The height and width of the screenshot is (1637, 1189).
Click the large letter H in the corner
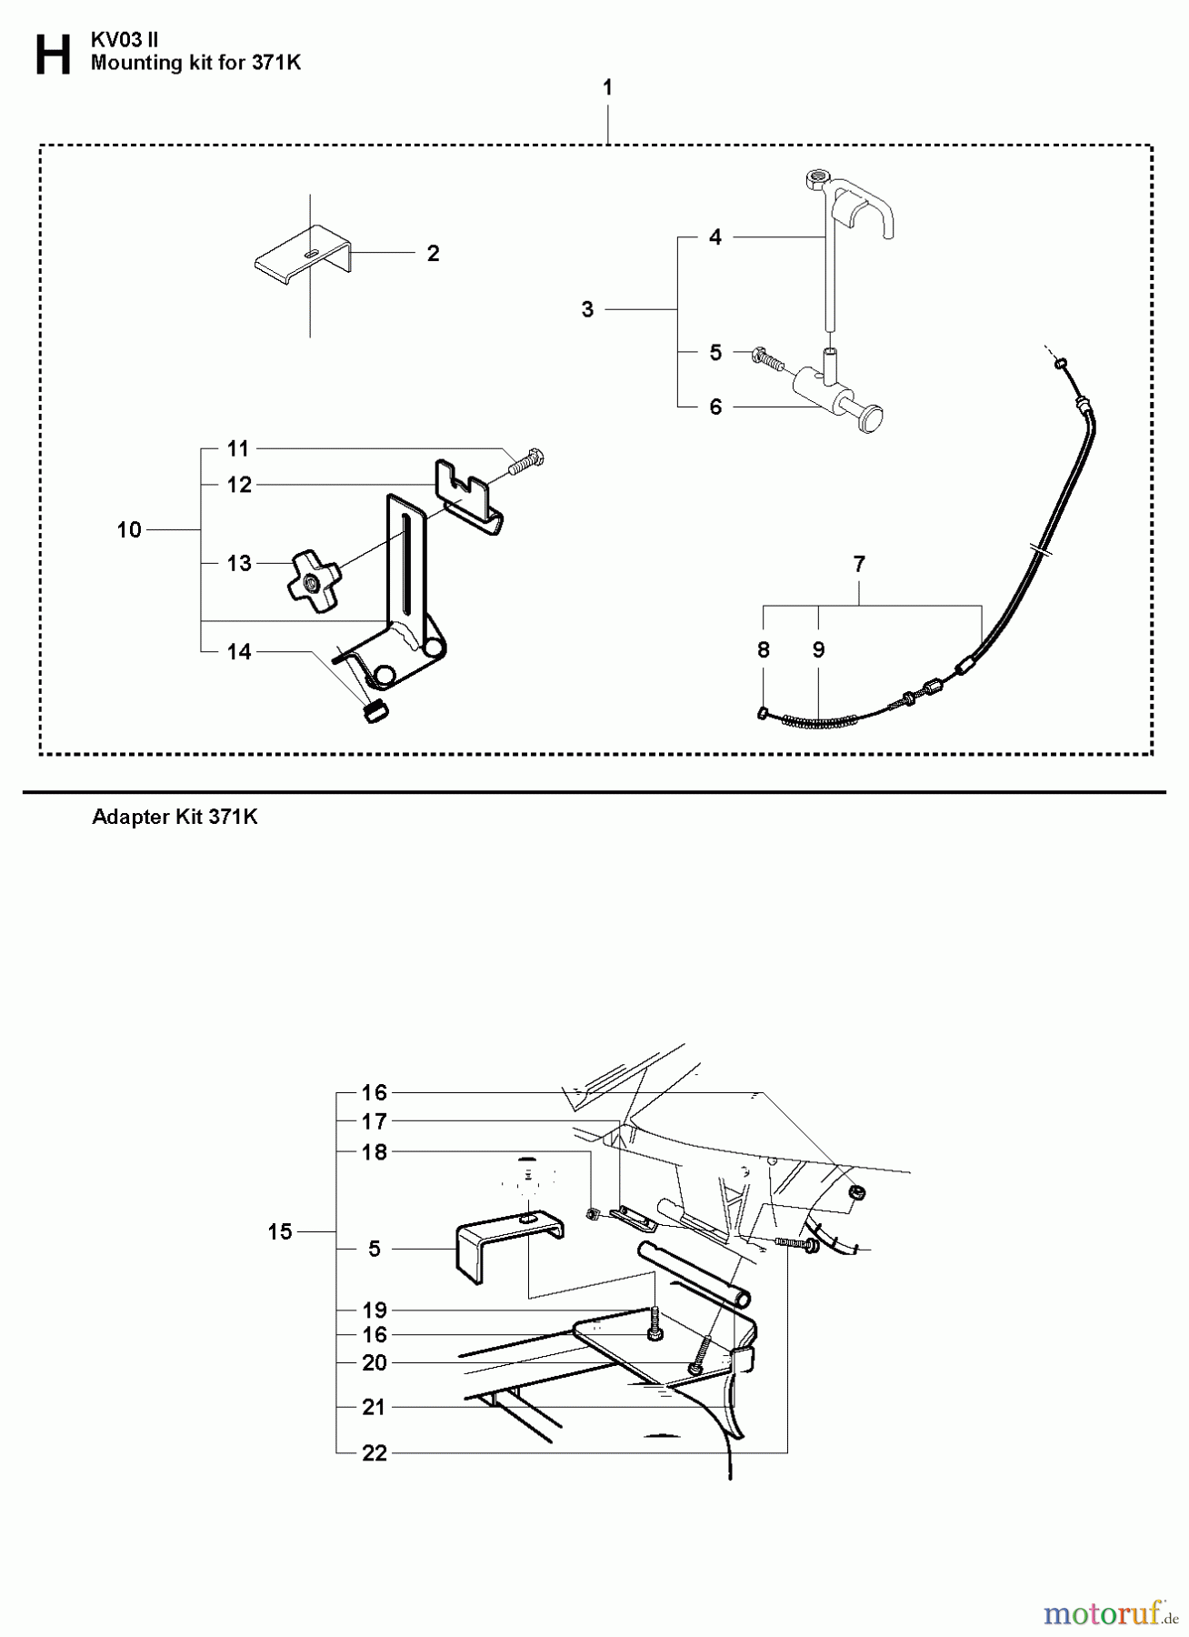(52, 55)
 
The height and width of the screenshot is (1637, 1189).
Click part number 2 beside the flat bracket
(433, 253)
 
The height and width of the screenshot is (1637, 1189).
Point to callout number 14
(239, 651)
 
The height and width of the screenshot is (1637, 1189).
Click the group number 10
(130, 529)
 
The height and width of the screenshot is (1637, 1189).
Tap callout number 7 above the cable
(859, 564)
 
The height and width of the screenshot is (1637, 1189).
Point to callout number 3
(587, 310)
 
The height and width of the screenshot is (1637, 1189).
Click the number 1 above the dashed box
(607, 87)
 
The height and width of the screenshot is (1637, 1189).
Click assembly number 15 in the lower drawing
(280, 1231)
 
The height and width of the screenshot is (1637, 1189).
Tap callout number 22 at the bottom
(375, 1452)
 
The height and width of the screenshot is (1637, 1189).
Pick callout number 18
(375, 1151)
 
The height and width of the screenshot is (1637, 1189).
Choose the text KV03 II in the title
(125, 40)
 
